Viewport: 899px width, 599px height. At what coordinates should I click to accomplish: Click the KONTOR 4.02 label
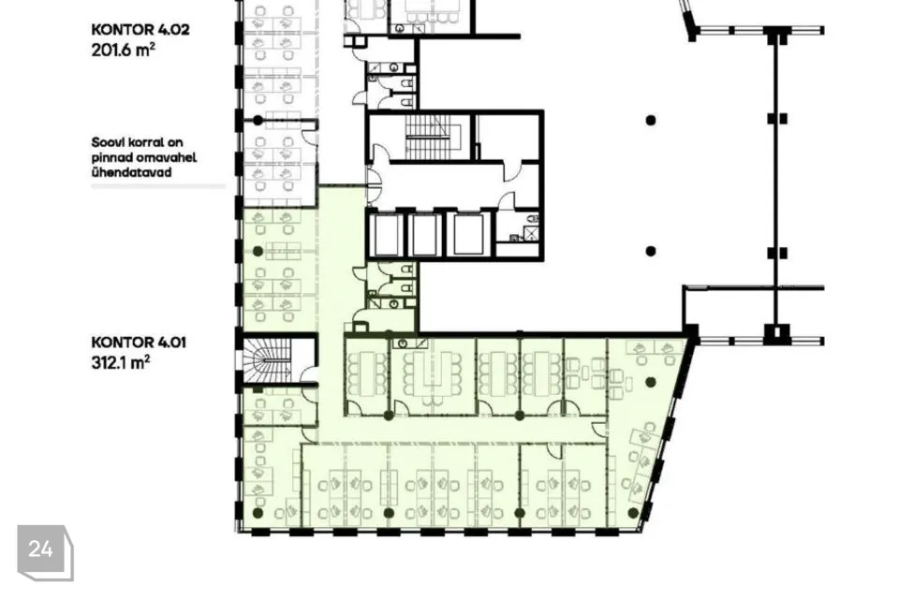tap(140, 30)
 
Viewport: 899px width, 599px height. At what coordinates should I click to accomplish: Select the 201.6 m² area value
tap(123, 50)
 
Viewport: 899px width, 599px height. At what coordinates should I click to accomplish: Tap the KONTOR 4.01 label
tap(139, 343)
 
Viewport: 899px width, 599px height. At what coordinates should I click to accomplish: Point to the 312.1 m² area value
tap(121, 363)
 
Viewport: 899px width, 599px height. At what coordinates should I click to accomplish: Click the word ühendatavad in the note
tap(131, 172)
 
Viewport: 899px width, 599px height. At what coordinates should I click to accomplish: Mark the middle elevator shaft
tap(425, 235)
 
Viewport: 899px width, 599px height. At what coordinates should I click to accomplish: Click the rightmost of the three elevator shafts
tap(469, 234)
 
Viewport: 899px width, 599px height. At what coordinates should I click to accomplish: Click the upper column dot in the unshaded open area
tap(651, 121)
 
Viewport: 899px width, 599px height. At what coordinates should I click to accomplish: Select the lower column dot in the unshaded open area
tap(651, 251)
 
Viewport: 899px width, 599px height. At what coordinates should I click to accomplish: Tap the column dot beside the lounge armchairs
tap(651, 382)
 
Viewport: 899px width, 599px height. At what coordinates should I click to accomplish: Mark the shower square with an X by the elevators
tap(531, 233)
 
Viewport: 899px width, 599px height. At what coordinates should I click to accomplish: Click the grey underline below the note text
tap(158, 186)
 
